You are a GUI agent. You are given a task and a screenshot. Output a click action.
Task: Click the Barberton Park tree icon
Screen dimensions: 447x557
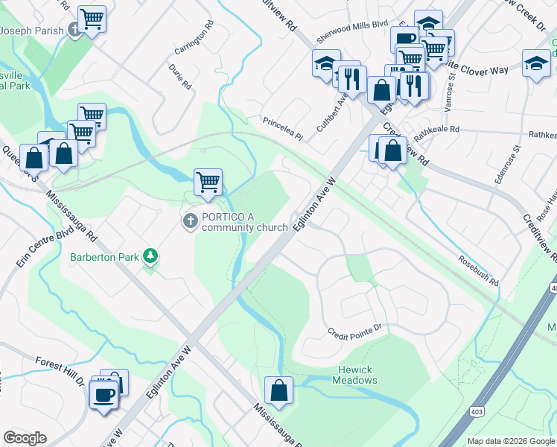(151, 257)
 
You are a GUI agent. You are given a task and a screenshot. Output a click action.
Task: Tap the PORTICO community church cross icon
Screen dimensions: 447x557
(190, 221)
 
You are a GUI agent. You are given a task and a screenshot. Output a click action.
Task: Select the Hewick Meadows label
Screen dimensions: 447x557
(356, 375)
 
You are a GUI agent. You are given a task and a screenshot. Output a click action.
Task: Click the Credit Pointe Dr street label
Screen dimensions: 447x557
(354, 329)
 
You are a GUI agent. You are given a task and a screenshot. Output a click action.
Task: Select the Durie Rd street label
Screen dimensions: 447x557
(180, 77)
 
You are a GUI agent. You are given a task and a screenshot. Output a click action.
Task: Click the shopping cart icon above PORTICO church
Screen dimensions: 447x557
(208, 180)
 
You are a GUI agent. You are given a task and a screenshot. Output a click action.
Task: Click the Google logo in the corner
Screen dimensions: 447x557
(25, 438)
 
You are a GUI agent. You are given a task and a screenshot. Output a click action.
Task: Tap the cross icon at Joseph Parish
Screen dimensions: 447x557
(74, 30)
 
